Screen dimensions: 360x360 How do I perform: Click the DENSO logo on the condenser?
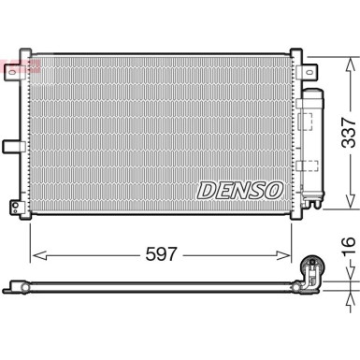pos(239,190)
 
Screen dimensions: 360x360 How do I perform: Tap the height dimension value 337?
pos(346,133)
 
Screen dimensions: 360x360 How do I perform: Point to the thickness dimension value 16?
pos(346,248)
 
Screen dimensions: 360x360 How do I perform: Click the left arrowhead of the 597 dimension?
pos(36,253)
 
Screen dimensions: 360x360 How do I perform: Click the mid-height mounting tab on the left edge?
pos(11,145)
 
